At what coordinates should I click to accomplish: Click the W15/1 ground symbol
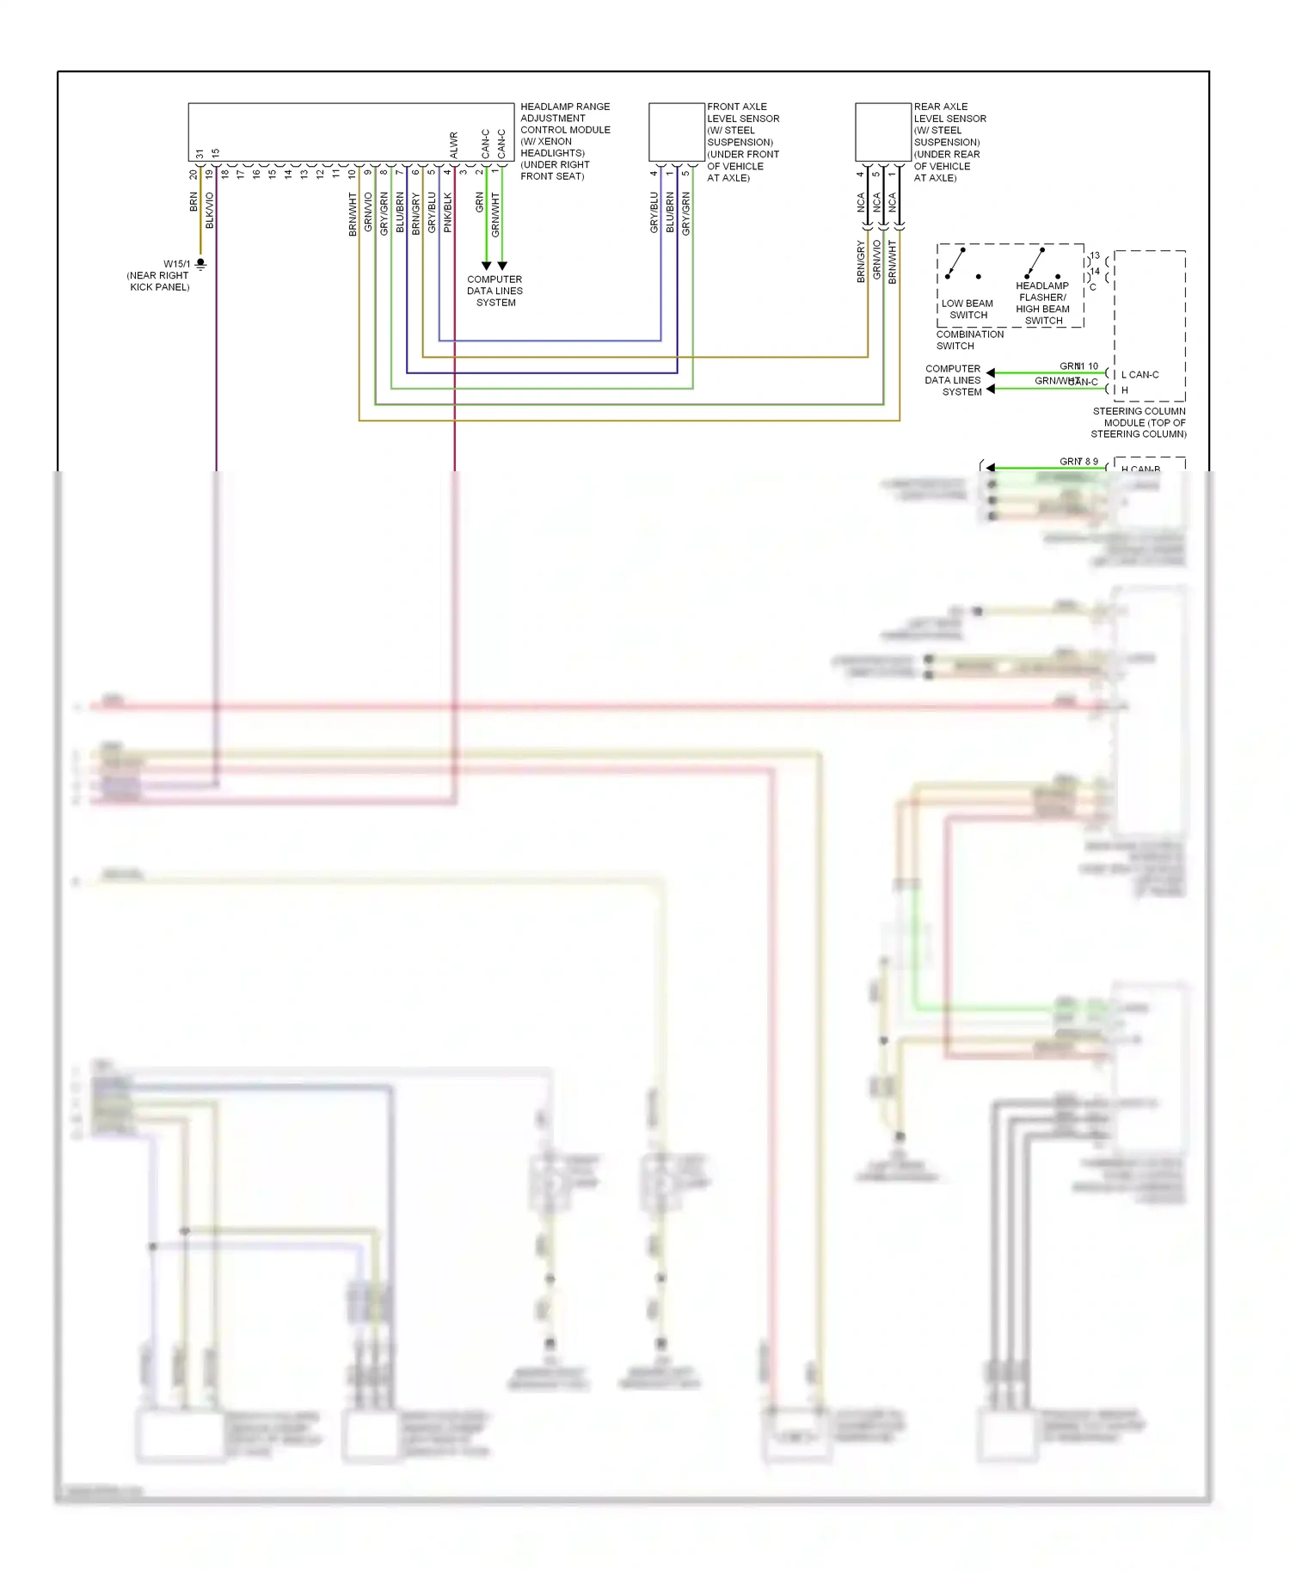[x=200, y=265]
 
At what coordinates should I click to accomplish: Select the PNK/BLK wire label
[x=447, y=212]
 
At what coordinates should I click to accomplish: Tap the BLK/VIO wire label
[x=210, y=210]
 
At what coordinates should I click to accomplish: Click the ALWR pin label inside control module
[x=454, y=144]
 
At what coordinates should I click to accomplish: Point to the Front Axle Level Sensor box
[x=677, y=132]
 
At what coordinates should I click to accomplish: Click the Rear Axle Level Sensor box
[x=883, y=132]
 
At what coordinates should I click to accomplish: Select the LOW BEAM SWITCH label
[x=967, y=310]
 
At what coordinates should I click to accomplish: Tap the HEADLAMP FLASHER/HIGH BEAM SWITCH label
[x=1042, y=304]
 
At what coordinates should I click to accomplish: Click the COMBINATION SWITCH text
[x=969, y=340]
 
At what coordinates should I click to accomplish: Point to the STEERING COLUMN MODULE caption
[x=1139, y=422]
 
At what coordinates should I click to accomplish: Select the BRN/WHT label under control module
[x=353, y=214]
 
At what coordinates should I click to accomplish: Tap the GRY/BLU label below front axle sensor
[x=654, y=212]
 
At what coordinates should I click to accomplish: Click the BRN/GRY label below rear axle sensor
[x=861, y=261]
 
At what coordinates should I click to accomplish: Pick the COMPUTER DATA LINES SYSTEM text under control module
[x=494, y=291]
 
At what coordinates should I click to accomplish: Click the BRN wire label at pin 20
[x=193, y=202]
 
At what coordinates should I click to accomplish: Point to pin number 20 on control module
[x=193, y=174]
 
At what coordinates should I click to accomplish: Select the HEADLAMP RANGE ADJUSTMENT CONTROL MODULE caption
[x=564, y=141]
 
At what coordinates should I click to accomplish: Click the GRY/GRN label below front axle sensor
[x=685, y=214]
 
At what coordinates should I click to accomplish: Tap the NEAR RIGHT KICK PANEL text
[x=158, y=281]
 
